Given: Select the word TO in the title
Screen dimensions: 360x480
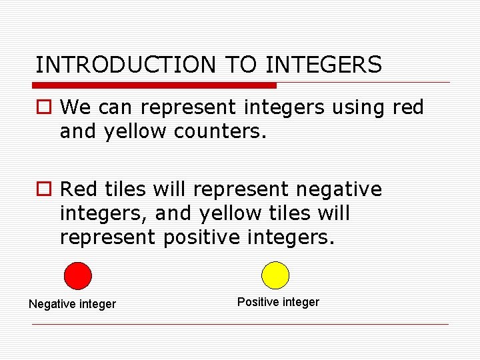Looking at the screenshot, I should (x=242, y=65).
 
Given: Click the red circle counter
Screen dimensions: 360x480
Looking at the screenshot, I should (x=77, y=275).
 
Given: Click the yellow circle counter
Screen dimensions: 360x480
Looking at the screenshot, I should (x=275, y=275).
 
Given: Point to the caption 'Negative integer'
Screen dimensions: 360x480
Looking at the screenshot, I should (x=72, y=304).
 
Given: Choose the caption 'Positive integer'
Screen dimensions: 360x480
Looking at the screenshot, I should (x=278, y=302).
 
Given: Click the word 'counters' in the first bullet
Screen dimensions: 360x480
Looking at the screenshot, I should (x=219, y=132).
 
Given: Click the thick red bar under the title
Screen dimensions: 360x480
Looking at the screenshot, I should (x=154, y=85).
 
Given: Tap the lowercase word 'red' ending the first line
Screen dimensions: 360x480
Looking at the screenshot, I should (x=408, y=107).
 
